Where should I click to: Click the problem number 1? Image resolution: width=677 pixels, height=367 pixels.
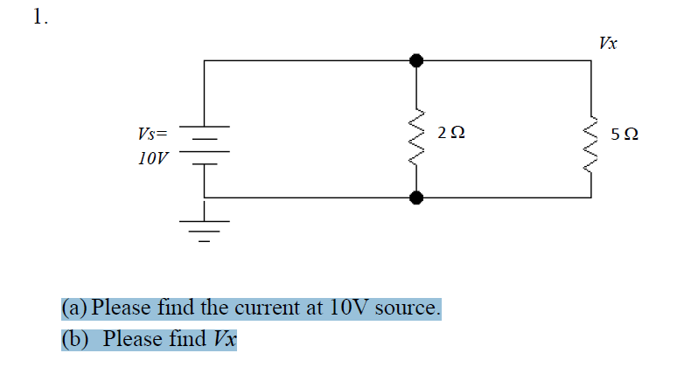click(x=38, y=17)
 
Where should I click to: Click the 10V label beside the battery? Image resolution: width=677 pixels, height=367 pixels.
click(x=154, y=160)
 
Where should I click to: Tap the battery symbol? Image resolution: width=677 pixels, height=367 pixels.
click(x=205, y=149)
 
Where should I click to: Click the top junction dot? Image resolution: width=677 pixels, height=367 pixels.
click(x=417, y=60)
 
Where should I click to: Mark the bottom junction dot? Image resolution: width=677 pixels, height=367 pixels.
click(x=417, y=197)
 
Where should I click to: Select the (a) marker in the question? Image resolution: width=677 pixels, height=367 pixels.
click(x=74, y=308)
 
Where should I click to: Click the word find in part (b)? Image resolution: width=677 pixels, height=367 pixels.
click(x=184, y=338)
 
